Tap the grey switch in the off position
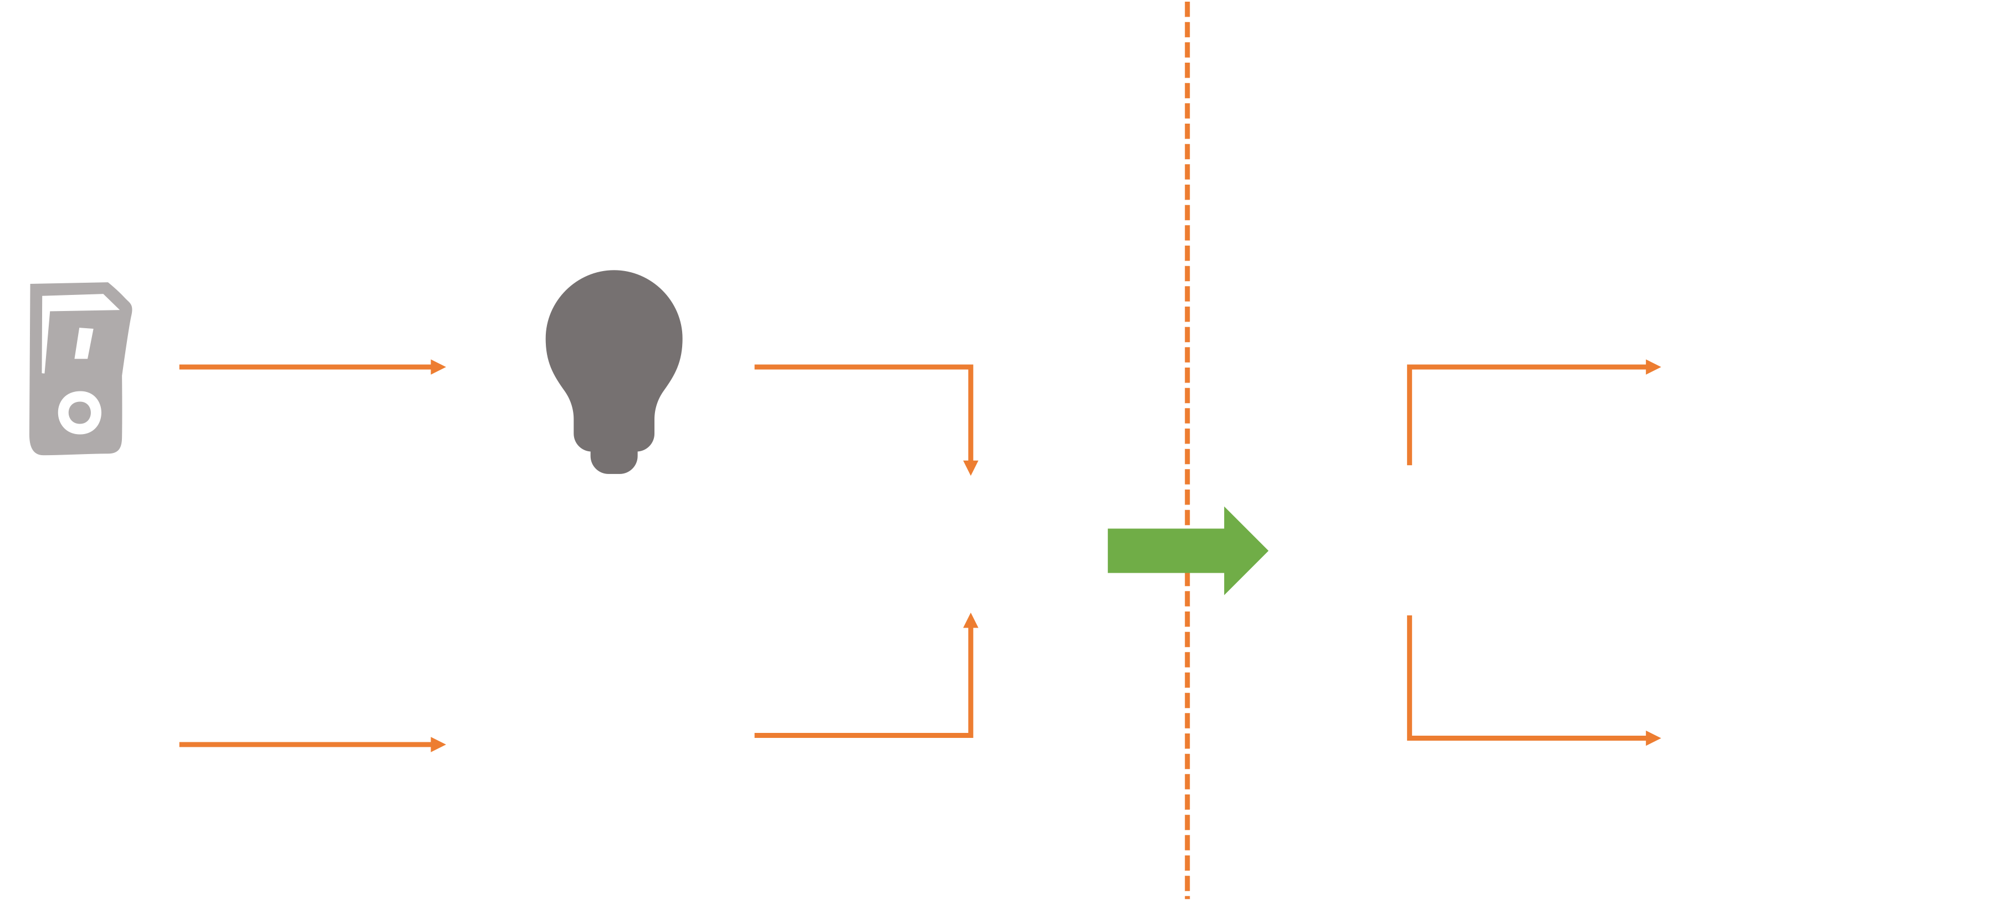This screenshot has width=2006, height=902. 79,369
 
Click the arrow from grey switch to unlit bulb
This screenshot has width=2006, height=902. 311,367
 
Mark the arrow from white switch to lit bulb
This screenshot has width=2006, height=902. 311,745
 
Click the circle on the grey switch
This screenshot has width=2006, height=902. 79,412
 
